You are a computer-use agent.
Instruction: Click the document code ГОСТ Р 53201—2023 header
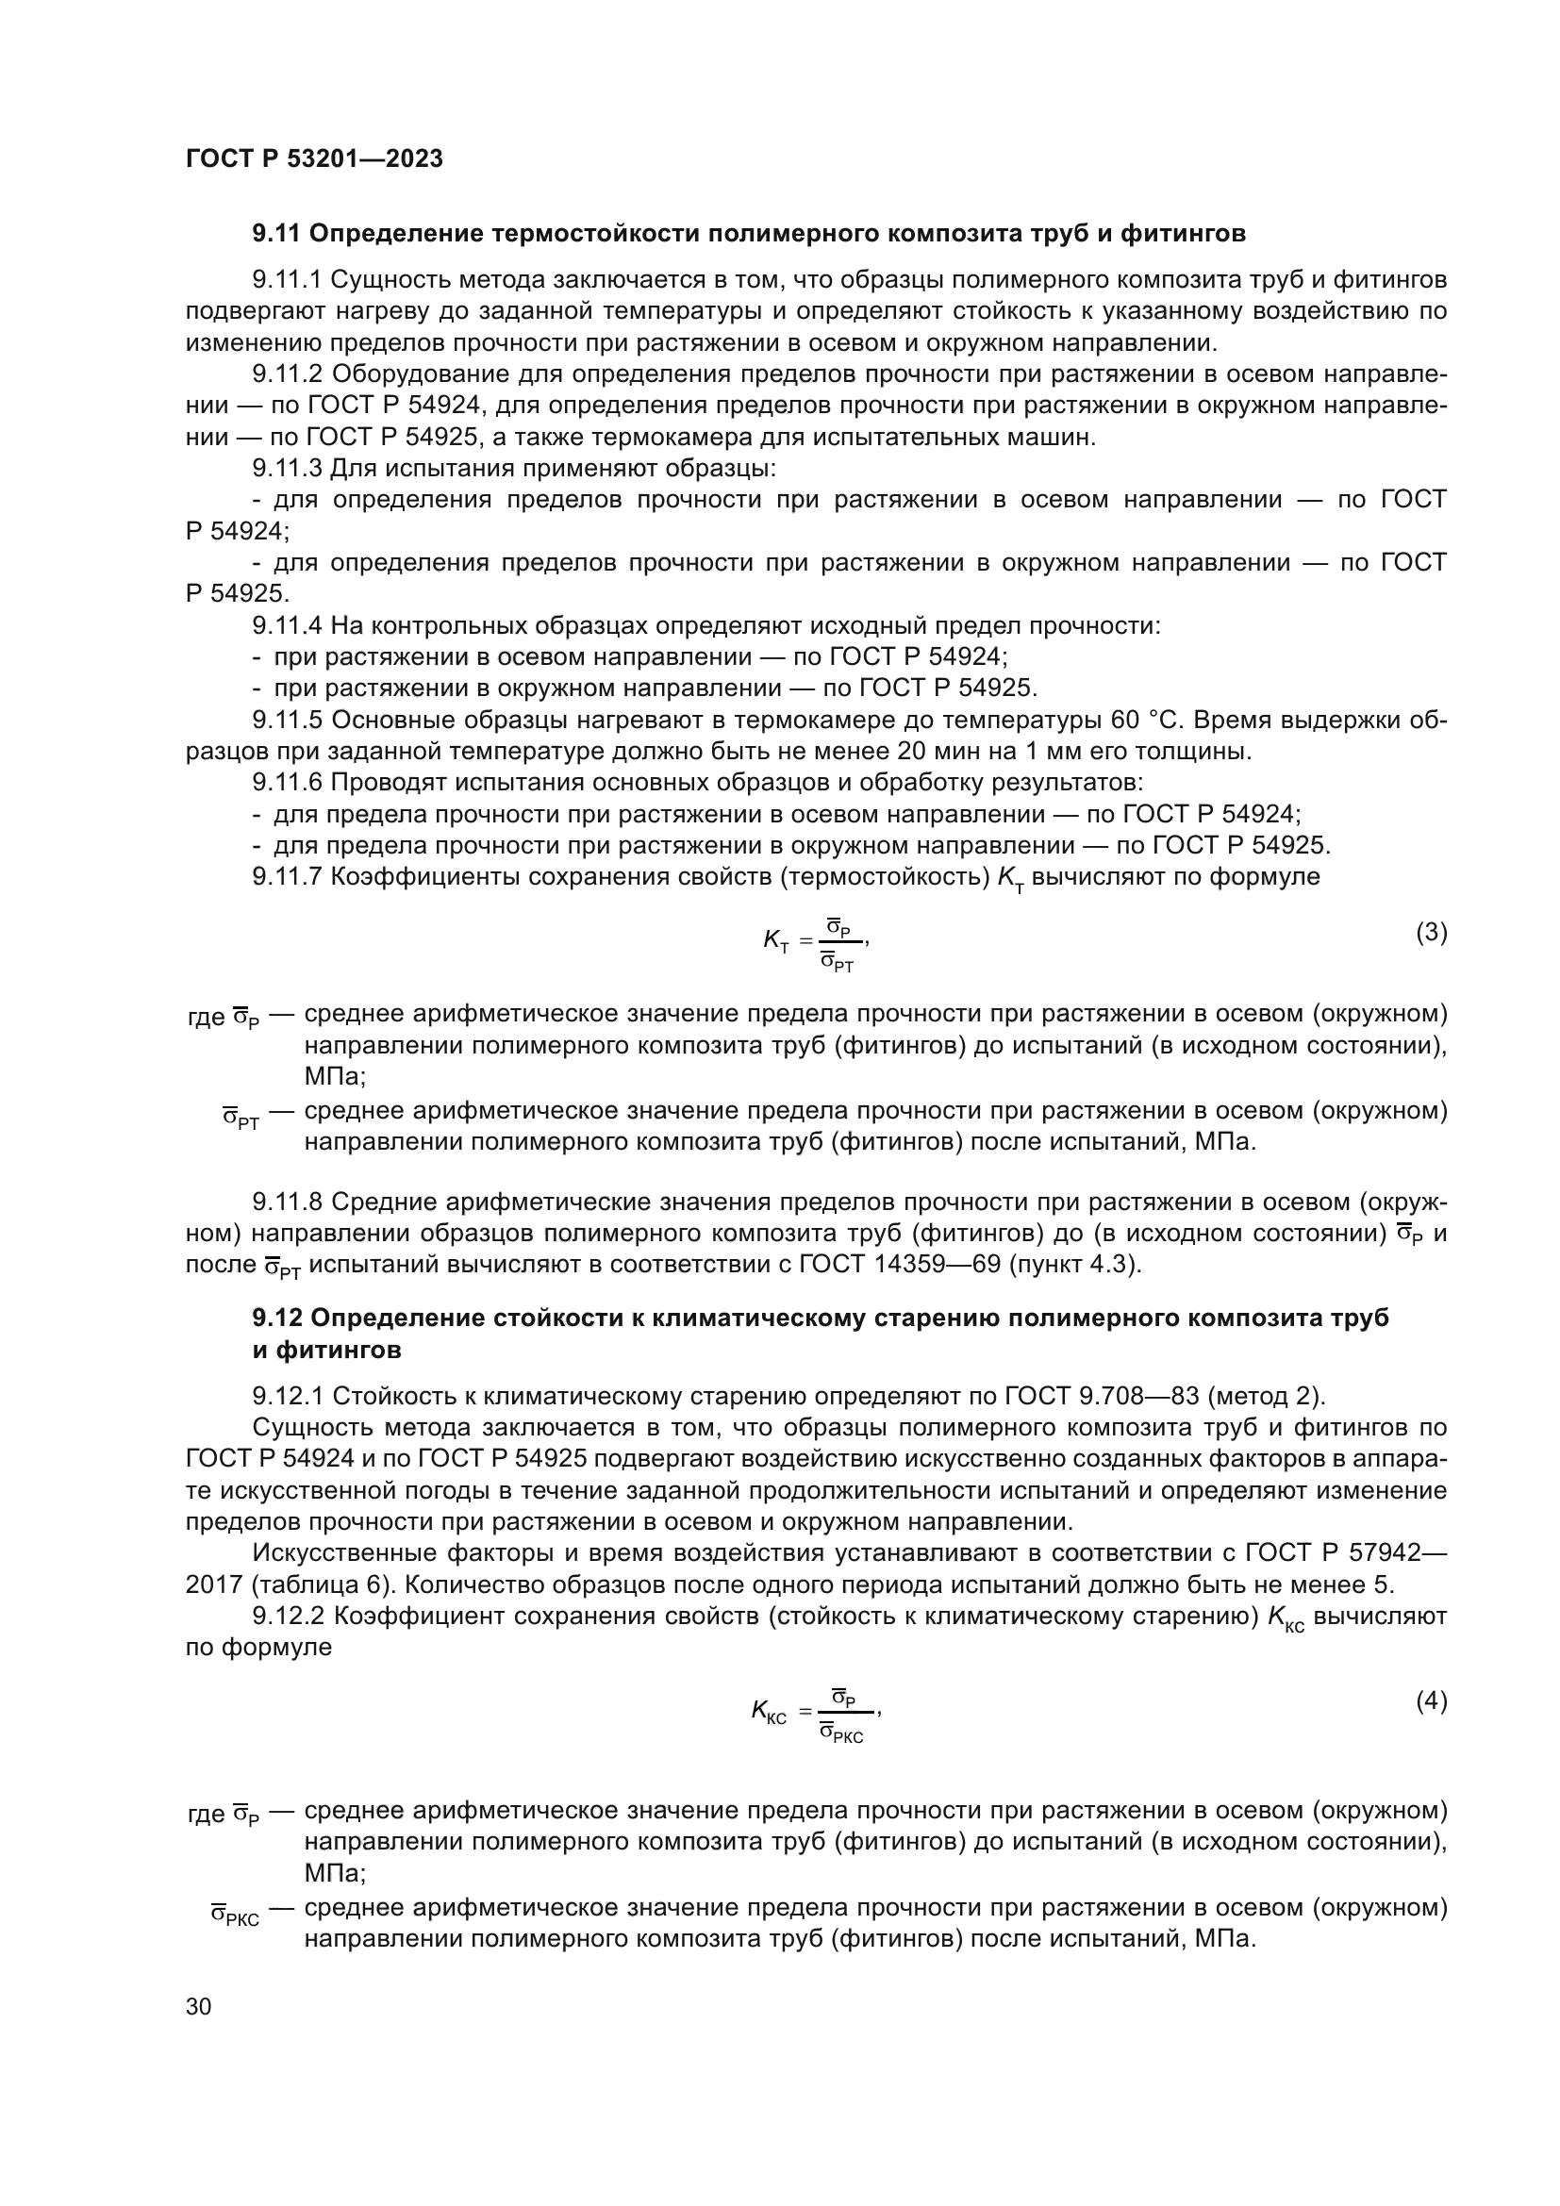(x=314, y=159)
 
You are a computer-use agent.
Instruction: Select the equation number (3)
(x=1432, y=932)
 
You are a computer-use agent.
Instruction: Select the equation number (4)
(x=1432, y=1701)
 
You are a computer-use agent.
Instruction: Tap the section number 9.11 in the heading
(x=276, y=234)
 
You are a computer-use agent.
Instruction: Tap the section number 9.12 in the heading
(x=276, y=1319)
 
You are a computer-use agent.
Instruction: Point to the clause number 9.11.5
(x=288, y=720)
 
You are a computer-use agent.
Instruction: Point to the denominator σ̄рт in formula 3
(x=838, y=964)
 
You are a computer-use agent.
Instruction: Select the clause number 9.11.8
(x=288, y=1202)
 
